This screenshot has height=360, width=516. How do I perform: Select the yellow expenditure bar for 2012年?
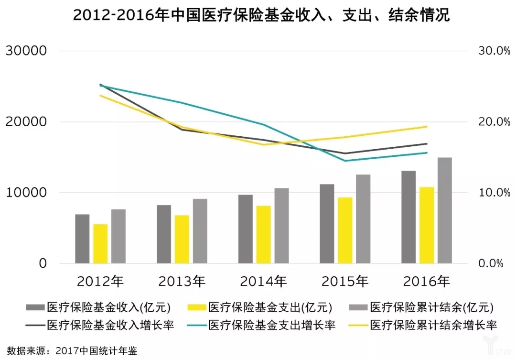[x=100, y=243]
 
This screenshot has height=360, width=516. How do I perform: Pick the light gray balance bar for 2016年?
[x=445, y=210]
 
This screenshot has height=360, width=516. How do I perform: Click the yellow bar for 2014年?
[x=264, y=234]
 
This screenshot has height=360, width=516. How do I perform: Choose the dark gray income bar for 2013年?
[x=164, y=234]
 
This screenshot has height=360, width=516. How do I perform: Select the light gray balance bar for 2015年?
[x=363, y=219]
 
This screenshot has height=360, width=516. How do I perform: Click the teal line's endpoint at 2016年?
[x=427, y=153]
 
